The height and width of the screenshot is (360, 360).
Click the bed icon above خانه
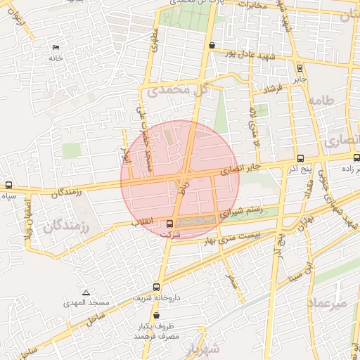pyautogui.click(x=56, y=48)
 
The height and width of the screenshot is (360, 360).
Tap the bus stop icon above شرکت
pyautogui.click(x=169, y=225)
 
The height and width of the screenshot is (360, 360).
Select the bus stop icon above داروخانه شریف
pyautogui.click(x=156, y=287)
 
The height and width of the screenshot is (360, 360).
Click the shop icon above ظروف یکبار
pyautogui.click(x=156, y=316)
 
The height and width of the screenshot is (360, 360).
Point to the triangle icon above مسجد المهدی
pyautogui.click(x=86, y=292)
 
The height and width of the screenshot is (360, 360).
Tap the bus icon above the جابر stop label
pyautogui.click(x=300, y=68)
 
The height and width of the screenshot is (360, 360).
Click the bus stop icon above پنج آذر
pyautogui.click(x=301, y=158)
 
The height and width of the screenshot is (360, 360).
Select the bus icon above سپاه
pyautogui.click(x=8, y=186)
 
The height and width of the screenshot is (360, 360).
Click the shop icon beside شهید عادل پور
pyautogui.click(x=212, y=46)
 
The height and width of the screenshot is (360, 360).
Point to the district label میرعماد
pyautogui.click(x=328, y=302)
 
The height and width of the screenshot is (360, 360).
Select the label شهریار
pyautogui.click(x=205, y=349)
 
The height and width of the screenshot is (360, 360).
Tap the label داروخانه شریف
pyautogui.click(x=157, y=298)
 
